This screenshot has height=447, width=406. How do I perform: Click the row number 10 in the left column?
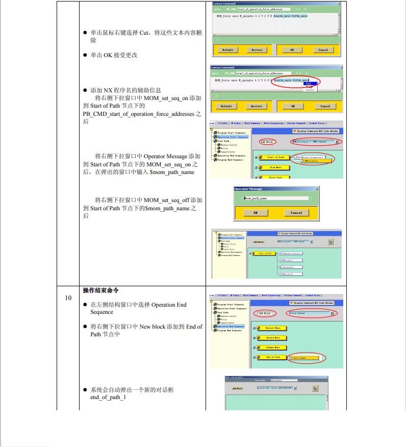[x=68, y=297]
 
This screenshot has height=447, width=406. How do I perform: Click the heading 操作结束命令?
[x=101, y=290]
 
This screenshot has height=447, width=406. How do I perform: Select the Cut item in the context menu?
[x=309, y=84]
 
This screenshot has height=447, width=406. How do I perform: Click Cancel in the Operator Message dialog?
[x=296, y=213]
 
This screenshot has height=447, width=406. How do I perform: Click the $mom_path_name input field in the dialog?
[x=276, y=198]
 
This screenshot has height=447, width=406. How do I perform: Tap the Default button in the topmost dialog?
[x=228, y=50]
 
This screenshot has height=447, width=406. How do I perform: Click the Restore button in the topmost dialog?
[x=257, y=50]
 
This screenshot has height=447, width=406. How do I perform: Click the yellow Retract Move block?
[x=273, y=328]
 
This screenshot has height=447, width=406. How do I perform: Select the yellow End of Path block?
[x=273, y=357]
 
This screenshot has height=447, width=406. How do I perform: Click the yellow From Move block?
[x=276, y=167]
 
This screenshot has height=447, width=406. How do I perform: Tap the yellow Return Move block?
[x=273, y=338]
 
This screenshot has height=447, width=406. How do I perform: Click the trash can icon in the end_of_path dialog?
[x=315, y=388]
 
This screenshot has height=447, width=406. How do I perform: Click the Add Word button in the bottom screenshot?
[x=238, y=388]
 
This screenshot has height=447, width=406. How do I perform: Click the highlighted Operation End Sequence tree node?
[x=231, y=326]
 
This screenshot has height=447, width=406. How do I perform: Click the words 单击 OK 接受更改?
[x=114, y=55]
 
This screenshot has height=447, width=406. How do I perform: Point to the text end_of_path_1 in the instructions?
[x=108, y=398]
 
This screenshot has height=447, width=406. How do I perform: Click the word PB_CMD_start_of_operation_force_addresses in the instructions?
[x=138, y=114]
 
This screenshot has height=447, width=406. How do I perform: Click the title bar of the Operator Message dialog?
[x=275, y=189]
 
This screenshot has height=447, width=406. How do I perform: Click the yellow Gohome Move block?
[x=273, y=347]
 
